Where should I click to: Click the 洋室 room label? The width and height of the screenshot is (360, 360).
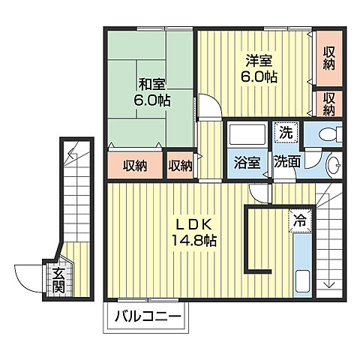259,61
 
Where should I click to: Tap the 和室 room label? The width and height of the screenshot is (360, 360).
152,84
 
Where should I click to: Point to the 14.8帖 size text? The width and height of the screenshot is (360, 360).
194,241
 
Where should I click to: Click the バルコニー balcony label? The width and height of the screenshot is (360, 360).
148,317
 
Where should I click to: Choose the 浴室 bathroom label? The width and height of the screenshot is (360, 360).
247,163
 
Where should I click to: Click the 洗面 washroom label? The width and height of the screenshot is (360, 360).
287,162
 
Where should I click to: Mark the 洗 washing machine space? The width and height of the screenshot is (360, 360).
286,133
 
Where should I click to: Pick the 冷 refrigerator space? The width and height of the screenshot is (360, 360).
300,221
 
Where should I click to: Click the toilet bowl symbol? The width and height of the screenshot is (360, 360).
331,134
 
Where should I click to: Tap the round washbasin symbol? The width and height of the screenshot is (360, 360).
334,165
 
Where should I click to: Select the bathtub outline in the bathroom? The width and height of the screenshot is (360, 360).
247,135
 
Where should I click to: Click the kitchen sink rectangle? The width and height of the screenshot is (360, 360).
303,281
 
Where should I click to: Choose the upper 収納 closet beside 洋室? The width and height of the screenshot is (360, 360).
329,58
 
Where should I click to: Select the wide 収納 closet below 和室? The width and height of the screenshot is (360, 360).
135,166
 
